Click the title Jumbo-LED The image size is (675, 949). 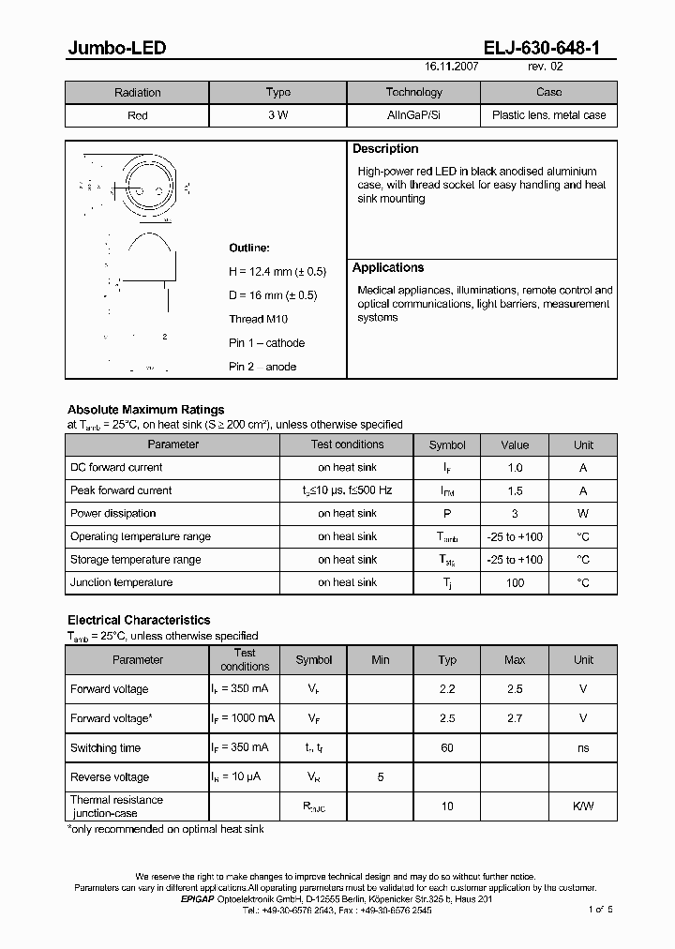click(x=116, y=48)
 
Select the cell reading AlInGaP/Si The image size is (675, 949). click(x=413, y=115)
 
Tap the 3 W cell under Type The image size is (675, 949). click(x=277, y=115)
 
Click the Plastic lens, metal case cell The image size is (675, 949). click(x=548, y=115)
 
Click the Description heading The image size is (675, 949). click(x=385, y=149)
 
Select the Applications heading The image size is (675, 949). click(x=388, y=268)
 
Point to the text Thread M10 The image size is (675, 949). click(x=259, y=319)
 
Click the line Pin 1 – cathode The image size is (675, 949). click(x=266, y=343)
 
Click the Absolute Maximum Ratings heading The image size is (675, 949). click(x=145, y=410)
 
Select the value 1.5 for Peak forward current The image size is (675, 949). click(x=515, y=490)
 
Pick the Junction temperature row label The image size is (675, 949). click(x=121, y=582)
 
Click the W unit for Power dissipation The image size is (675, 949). click(x=583, y=514)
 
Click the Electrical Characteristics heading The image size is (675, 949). click(x=139, y=620)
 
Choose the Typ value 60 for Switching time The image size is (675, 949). click(x=447, y=748)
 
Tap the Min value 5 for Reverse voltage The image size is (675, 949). click(x=380, y=777)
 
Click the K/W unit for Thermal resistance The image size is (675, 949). click(x=583, y=806)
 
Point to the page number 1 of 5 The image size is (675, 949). click(x=599, y=910)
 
